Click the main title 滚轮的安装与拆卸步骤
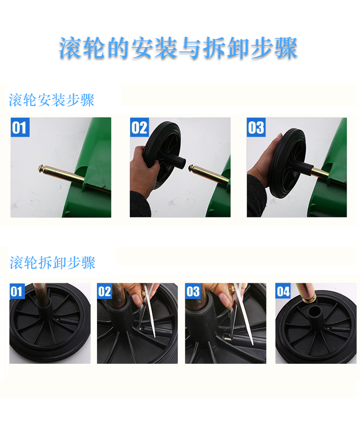[x=178, y=48]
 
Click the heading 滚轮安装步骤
[x=51, y=100]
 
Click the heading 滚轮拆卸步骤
[x=52, y=262]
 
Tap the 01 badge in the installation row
[x=20, y=127]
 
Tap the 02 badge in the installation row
[x=139, y=127]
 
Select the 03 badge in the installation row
[x=256, y=127]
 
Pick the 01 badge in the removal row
[x=17, y=291]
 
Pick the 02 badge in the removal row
[x=105, y=291]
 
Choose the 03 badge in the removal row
[x=193, y=291]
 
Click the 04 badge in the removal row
[x=283, y=291]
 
